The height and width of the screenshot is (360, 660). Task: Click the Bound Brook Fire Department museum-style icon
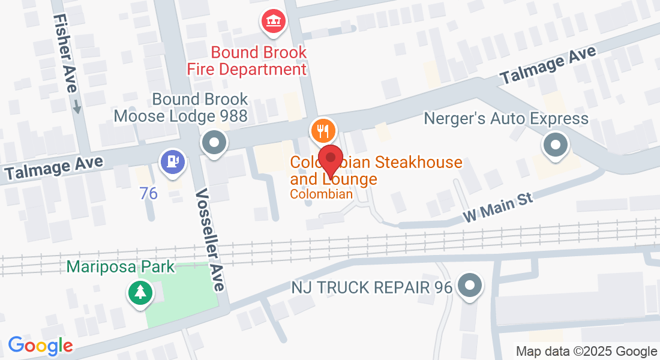[x=274, y=22]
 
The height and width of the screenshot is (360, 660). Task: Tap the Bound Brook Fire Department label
[x=247, y=61]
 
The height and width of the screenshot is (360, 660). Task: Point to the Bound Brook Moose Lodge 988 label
[x=181, y=107]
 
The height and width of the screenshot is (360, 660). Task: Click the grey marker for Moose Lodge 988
[x=214, y=143]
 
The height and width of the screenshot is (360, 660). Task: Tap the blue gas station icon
[x=173, y=161]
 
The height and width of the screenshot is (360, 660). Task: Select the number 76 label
[x=147, y=193]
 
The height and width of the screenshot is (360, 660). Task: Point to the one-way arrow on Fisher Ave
[x=77, y=107]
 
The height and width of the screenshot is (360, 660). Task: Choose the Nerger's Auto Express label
[x=506, y=118]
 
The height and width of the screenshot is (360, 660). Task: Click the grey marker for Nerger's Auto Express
[x=555, y=145]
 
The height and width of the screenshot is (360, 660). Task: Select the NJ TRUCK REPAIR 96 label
[x=371, y=287]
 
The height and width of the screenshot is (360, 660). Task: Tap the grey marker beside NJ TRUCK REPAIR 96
[x=469, y=285]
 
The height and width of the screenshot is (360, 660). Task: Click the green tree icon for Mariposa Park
[x=140, y=293]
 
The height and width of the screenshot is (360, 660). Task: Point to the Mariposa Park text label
[x=121, y=266]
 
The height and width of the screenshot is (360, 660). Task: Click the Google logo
[x=40, y=346]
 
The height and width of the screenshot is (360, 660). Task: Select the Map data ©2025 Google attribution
[x=586, y=351]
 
